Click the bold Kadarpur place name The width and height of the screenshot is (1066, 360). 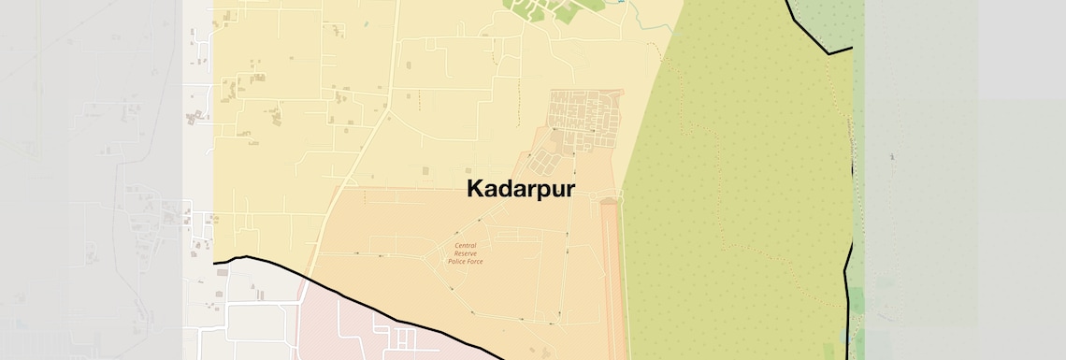point(520,189)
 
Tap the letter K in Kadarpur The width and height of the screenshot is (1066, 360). point(476,189)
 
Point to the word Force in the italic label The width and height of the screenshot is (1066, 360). point(473,261)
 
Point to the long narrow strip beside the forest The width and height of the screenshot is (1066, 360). point(612,281)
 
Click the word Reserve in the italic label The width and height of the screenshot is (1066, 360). point(466,253)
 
